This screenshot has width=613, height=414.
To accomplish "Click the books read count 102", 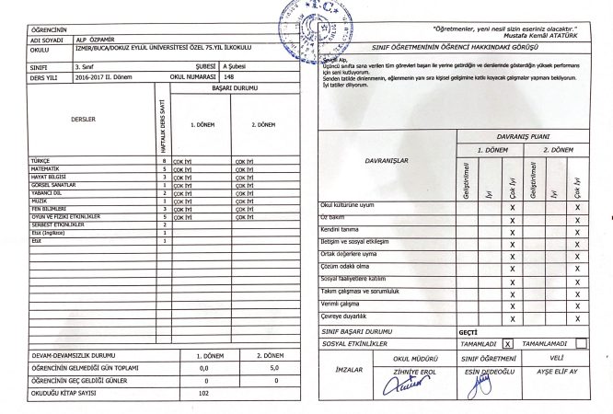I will point(204,393).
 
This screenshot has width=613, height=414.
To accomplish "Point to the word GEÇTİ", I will point(468,330).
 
